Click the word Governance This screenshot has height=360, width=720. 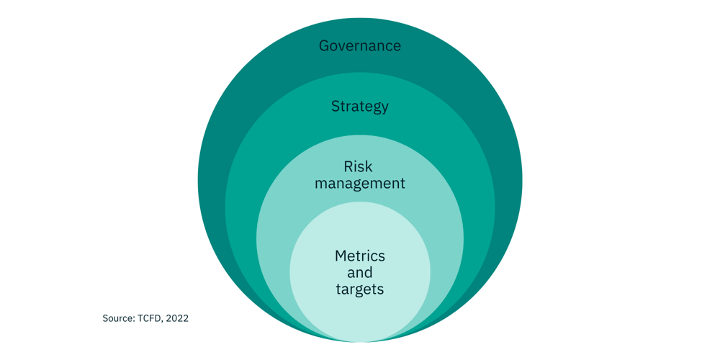coord(360,46)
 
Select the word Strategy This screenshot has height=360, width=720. coord(360,107)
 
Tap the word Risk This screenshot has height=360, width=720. coord(359,166)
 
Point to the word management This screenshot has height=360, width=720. coord(360,184)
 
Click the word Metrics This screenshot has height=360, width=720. coord(360,256)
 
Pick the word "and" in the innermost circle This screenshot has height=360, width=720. coord(360,273)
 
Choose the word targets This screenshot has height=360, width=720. coord(360,289)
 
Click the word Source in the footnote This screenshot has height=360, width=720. coord(117,318)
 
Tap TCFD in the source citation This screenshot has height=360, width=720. coord(149,318)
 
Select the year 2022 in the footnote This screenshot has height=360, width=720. coord(177,318)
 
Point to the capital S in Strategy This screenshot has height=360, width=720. coord(336,107)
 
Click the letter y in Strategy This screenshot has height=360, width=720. coord(384,108)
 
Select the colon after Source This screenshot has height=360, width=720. coord(132,318)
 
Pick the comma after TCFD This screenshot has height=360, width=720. coord(163,320)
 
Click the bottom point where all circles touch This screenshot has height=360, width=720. coord(360,341)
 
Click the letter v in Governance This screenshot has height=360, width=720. coord(345,47)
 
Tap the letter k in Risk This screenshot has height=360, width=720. coord(369,166)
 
